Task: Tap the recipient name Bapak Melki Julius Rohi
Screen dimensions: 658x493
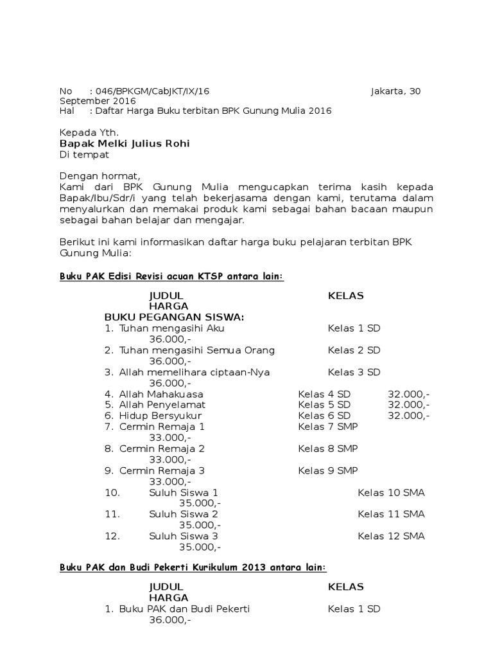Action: point(125,143)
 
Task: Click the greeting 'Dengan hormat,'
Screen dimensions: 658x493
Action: point(99,175)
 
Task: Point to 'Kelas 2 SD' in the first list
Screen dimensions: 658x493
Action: point(354,350)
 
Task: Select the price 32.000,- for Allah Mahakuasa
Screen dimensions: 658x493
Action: point(408,393)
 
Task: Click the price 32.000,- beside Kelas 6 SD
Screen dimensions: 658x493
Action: point(408,416)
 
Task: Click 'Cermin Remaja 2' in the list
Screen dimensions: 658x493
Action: point(162,449)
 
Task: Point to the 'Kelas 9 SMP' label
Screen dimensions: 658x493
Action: point(327,470)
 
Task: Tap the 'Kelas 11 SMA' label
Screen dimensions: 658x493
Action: point(391,514)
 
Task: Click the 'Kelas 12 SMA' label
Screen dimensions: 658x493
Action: point(391,536)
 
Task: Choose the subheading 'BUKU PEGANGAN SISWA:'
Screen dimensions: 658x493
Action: point(174,317)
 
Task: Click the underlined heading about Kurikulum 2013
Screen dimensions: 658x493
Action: point(193,567)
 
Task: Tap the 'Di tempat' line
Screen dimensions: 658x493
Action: point(84,154)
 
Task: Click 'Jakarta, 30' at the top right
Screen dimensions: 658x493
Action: point(396,91)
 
